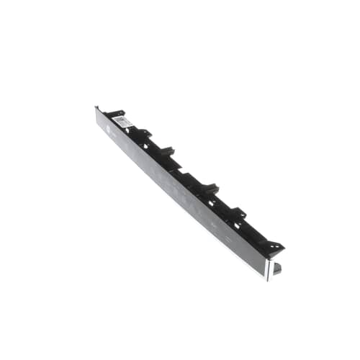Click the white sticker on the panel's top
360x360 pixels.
pos(125,122)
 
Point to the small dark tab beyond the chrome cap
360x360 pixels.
pos(278,267)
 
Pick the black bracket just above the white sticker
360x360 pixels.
pos(115,113)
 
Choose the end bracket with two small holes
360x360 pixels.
pos(271,246)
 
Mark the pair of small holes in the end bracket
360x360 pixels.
pos(273,247)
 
